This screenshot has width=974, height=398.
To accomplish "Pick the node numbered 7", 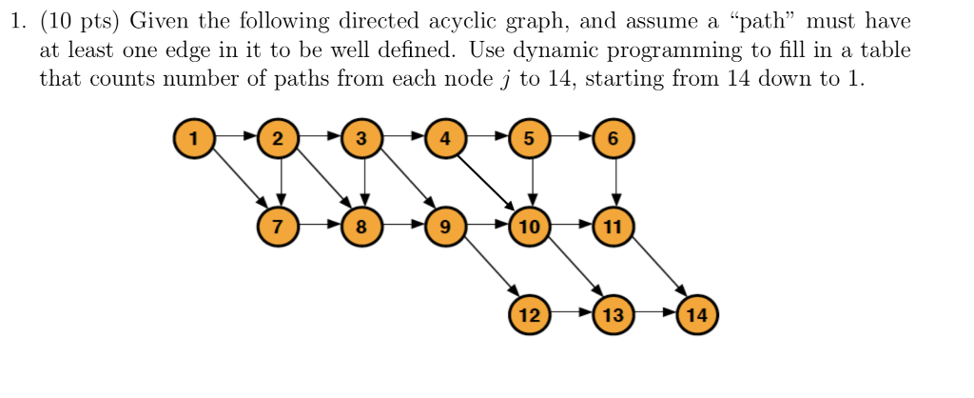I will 277,227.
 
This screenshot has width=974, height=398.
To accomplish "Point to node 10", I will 530,227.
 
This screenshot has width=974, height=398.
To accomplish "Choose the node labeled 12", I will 530,314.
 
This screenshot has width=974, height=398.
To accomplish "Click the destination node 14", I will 697,314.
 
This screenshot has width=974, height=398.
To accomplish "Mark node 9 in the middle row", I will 445,227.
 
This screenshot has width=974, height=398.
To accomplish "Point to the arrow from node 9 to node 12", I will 487,270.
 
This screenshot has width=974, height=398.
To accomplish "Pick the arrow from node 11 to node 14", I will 655,270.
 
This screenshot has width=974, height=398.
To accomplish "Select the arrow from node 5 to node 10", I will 530,182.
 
